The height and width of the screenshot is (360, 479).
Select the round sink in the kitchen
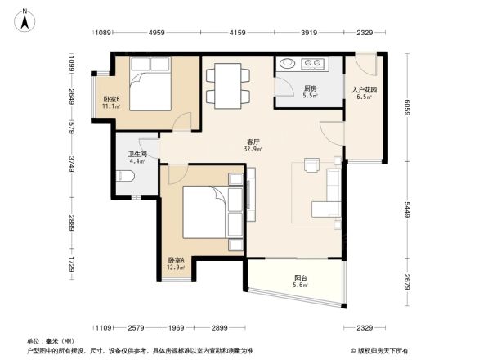coord(289,64)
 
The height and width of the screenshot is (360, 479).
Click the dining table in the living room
coord(227,84)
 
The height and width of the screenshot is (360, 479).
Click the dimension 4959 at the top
coord(158,33)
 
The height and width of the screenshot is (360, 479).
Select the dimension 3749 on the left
coord(72,167)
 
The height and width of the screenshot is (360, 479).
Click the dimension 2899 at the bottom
coord(219,328)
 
